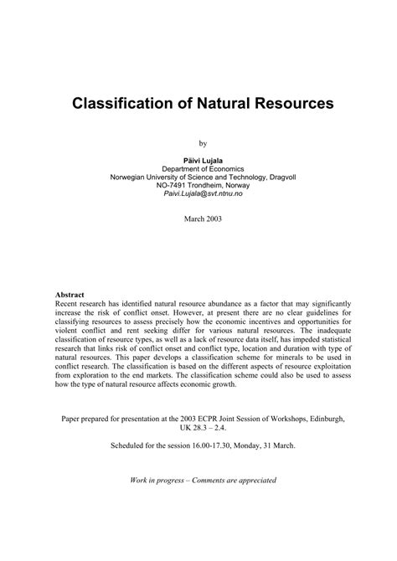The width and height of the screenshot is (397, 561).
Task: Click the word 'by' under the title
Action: pyautogui.click(x=198, y=143)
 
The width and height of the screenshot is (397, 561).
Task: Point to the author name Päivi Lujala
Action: pyautogui.click(x=198, y=159)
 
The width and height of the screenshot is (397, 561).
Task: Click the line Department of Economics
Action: pyautogui.click(x=198, y=168)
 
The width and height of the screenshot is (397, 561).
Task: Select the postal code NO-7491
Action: pyautogui.click(x=161, y=186)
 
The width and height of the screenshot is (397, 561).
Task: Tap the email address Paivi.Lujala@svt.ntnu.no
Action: pyautogui.click(x=198, y=195)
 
